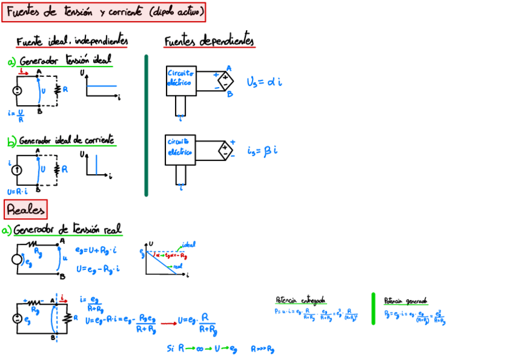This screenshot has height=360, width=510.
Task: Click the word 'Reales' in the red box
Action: tap(25, 210)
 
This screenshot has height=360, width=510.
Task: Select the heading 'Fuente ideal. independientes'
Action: tap(72, 41)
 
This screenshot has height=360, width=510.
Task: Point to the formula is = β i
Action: tap(262, 150)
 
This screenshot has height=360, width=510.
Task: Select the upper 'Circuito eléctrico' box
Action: tap(180, 80)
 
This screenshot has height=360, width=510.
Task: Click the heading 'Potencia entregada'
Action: tap(300, 300)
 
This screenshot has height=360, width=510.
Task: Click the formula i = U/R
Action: tap(16, 115)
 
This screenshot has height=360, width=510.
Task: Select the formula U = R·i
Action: tap(19, 192)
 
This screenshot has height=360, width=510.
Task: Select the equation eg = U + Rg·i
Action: tap(97, 248)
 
